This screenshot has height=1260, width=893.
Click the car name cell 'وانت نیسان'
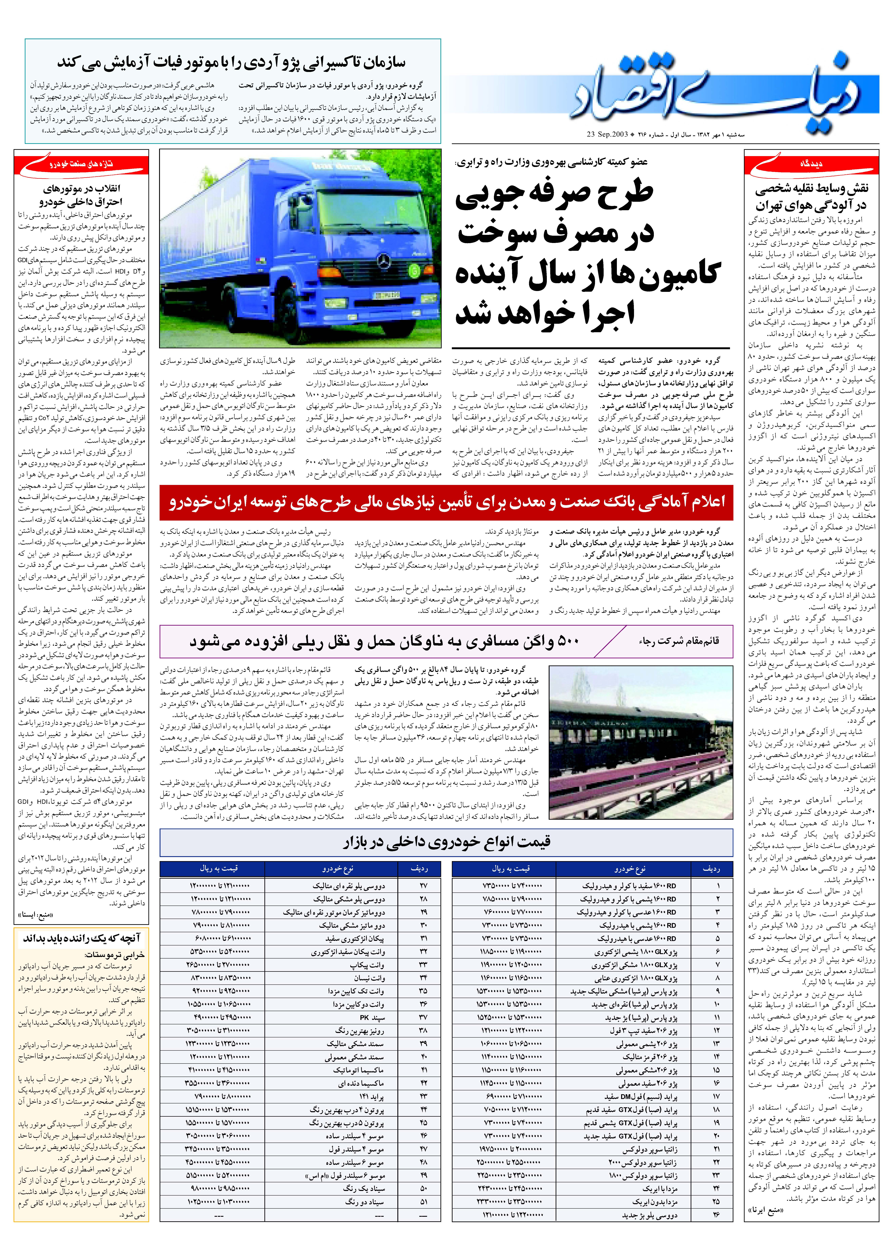(x=368, y=977)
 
